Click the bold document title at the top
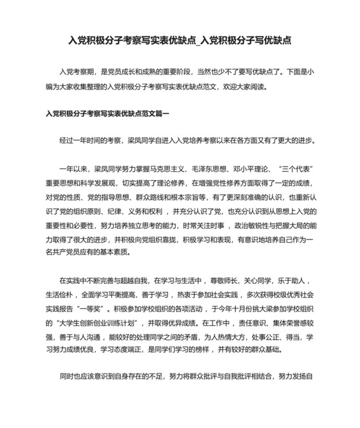[x=180, y=41]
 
